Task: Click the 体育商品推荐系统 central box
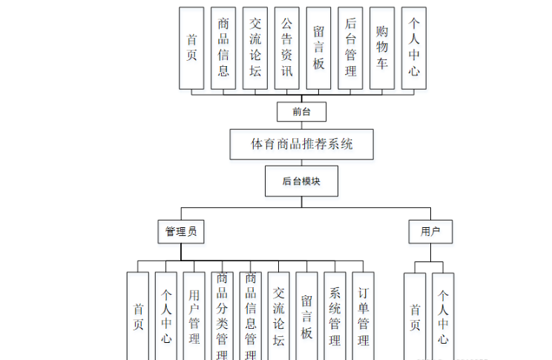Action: click(x=301, y=144)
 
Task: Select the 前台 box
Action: click(x=301, y=112)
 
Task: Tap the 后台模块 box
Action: click(x=301, y=181)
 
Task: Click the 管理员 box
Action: click(x=180, y=232)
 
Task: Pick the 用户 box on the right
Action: click(x=430, y=232)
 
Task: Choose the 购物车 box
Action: click(x=382, y=49)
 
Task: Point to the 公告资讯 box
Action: click(x=286, y=49)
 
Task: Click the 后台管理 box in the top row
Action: click(x=350, y=49)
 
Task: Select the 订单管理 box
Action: click(x=364, y=315)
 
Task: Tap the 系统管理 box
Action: click(x=335, y=315)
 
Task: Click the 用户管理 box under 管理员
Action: click(x=194, y=315)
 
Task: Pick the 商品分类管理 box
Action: click(x=222, y=315)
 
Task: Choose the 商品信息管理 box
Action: click(x=251, y=315)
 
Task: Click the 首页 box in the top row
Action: click(x=191, y=49)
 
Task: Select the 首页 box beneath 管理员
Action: click(x=138, y=315)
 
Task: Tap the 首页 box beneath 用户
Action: click(x=415, y=315)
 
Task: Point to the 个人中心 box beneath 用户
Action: click(x=443, y=315)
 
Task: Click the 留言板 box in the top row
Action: click(x=318, y=49)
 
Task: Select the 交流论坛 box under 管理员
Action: click(x=279, y=315)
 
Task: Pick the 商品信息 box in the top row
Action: click(x=223, y=49)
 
